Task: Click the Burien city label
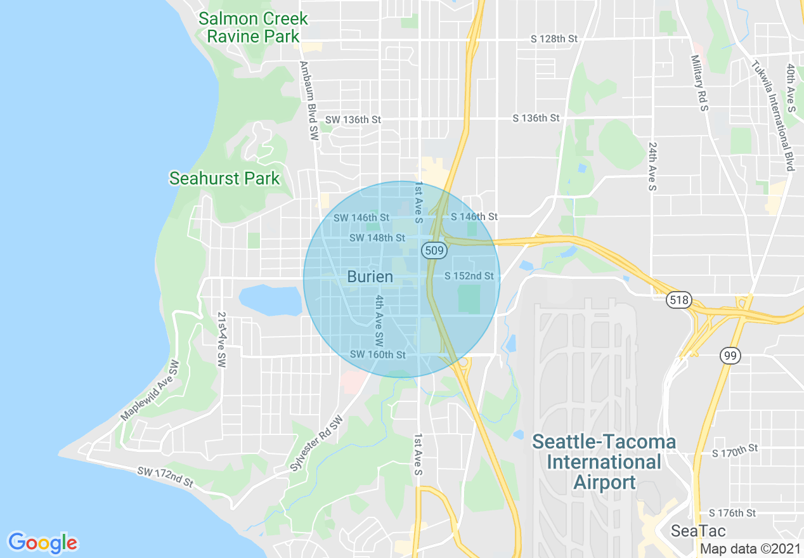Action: click(x=370, y=277)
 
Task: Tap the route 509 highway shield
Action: click(x=434, y=251)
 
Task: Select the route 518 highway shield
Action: click(x=678, y=300)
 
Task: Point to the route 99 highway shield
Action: click(x=730, y=356)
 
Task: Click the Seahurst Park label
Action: click(x=224, y=179)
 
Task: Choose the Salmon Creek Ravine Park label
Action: click(x=253, y=27)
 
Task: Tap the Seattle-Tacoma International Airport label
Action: click(x=604, y=462)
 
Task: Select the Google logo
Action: click(x=43, y=543)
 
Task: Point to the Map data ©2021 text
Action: click(x=749, y=548)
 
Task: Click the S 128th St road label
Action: click(x=554, y=39)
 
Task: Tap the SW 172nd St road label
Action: click(x=165, y=477)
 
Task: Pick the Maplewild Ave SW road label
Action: click(x=150, y=391)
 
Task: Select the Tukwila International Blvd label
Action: click(x=772, y=116)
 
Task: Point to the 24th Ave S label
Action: click(x=652, y=166)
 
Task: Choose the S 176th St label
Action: click(x=733, y=513)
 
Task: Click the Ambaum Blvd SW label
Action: click(x=309, y=100)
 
